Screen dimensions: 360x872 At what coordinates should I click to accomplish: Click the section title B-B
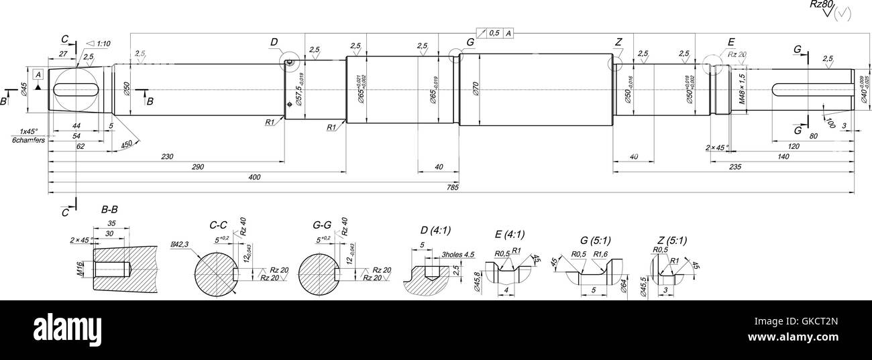109,210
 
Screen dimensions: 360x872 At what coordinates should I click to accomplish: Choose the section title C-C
219,225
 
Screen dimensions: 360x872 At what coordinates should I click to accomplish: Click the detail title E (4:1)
509,234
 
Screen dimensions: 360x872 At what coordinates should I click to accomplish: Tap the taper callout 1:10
103,44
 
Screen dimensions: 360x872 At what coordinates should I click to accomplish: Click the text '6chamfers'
28,140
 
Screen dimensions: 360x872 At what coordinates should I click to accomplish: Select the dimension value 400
254,177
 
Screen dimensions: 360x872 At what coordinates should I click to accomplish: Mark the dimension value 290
197,166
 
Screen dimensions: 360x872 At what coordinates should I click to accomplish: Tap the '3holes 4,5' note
458,255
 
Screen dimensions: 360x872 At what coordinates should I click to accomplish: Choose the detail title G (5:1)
594,240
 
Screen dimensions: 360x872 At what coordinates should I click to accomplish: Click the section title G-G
322,225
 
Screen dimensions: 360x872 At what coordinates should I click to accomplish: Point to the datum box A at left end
38,74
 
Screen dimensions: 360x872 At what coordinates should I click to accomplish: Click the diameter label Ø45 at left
23,88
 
